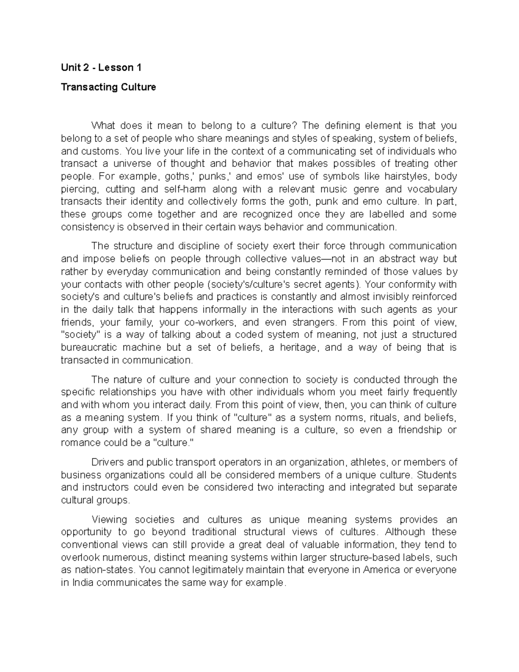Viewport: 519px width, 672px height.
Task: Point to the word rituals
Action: point(383,418)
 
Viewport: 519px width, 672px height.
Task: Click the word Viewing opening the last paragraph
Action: point(109,519)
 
